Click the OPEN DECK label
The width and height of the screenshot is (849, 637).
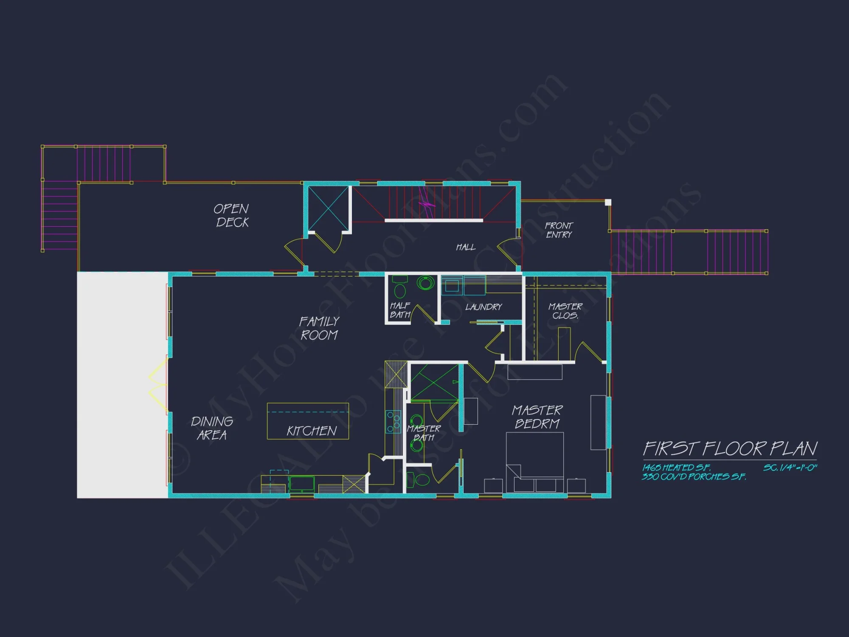coord(232,215)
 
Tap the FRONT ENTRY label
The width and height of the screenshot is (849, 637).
coord(559,230)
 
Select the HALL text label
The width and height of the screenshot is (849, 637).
coord(466,247)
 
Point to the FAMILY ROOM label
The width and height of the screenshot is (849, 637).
coord(319,328)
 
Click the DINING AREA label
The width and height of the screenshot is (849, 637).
coord(211,428)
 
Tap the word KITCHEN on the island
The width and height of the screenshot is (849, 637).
coord(312,431)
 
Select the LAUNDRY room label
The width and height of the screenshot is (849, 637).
coord(484,307)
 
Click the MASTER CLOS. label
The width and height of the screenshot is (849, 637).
coord(565,311)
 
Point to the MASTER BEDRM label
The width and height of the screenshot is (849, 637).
coord(537,417)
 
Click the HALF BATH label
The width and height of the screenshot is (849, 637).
coord(400,310)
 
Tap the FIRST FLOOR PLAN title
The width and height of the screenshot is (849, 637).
coord(730,448)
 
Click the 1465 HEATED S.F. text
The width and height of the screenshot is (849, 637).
coord(676,468)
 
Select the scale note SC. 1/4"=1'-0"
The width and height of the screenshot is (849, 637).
coord(790,468)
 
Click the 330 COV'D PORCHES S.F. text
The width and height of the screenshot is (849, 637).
coord(694,476)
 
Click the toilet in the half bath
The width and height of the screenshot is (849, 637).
coord(399,287)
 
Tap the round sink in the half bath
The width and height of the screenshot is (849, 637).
coord(425,282)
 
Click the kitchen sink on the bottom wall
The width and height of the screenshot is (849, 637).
coord(302,484)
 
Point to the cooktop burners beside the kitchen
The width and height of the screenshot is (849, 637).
coord(393,422)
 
